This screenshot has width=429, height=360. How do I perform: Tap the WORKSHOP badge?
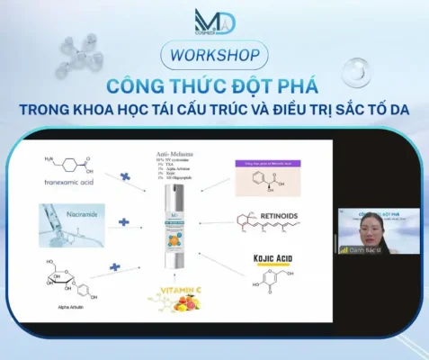point(214,54)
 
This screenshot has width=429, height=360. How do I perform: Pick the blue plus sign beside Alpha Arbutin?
point(116,267)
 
